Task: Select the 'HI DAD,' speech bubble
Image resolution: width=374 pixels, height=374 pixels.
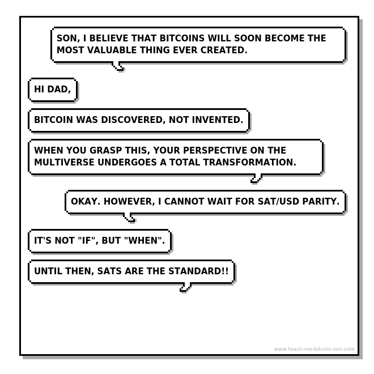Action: click(x=53, y=90)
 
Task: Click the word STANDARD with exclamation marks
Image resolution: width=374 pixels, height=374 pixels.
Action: click(x=198, y=271)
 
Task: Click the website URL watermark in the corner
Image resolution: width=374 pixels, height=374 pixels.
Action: click(x=314, y=349)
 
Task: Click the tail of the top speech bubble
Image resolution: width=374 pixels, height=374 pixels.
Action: click(x=118, y=66)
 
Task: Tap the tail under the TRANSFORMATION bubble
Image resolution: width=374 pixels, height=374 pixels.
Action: click(x=256, y=179)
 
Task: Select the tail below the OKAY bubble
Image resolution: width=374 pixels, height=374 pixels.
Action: click(x=130, y=218)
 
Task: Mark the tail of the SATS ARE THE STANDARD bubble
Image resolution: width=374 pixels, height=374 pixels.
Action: click(x=185, y=287)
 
